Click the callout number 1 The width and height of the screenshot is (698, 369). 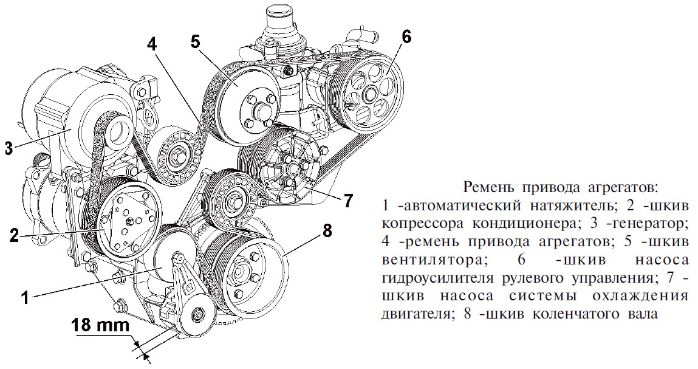[26, 297]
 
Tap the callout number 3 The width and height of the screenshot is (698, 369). [8, 148]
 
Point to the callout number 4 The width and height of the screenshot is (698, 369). [152, 44]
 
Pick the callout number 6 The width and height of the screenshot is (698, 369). [406, 36]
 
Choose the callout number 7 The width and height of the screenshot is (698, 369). [348, 201]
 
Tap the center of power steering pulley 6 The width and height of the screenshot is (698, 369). [369, 94]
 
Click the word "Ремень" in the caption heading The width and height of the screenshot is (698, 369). [485, 185]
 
